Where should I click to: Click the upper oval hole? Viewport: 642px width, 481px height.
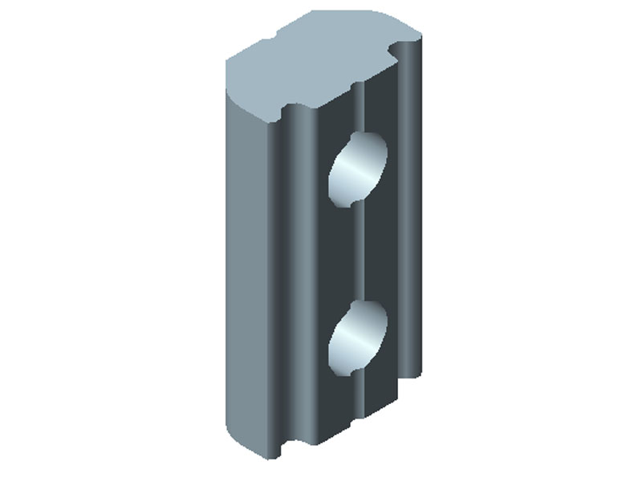[x=357, y=170]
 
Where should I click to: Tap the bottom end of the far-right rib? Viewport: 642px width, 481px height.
[x=411, y=370]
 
